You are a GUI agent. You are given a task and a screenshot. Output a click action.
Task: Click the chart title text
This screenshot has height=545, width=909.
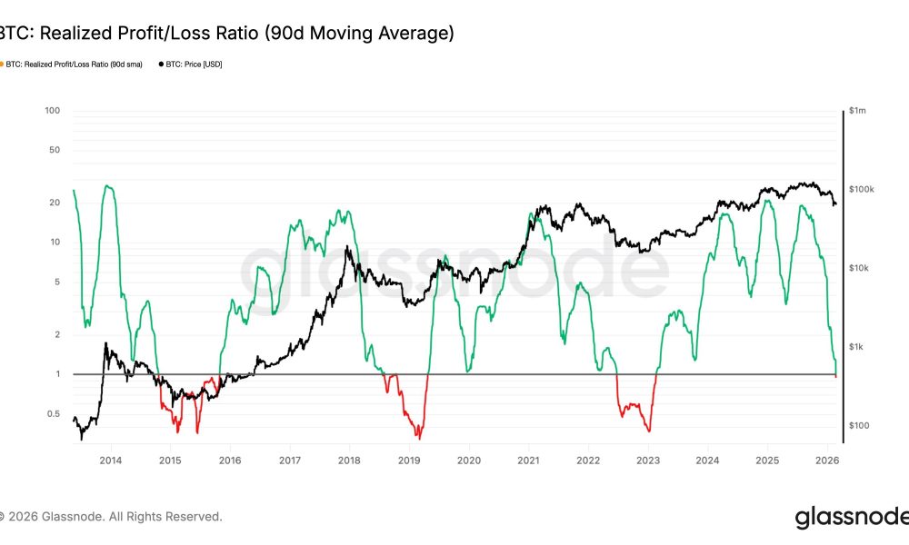click(225, 34)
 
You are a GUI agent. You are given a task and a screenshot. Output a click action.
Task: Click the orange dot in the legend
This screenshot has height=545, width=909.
click(2, 64)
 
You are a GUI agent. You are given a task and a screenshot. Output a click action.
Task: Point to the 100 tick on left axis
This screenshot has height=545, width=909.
click(53, 111)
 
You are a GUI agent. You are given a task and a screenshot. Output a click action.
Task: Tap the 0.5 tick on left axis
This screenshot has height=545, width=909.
click(53, 414)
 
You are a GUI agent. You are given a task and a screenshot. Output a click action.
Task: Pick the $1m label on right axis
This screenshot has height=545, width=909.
click(857, 111)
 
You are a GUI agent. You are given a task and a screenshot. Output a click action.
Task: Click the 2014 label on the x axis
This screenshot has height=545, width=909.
click(111, 461)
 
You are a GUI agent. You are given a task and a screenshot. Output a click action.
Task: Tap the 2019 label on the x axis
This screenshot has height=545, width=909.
click(409, 461)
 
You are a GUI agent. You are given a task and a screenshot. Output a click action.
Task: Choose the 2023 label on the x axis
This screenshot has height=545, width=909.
click(647, 461)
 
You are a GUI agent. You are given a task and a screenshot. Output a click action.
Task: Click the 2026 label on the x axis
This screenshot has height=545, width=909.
click(826, 461)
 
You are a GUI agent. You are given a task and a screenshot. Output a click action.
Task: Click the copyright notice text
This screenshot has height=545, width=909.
click(111, 516)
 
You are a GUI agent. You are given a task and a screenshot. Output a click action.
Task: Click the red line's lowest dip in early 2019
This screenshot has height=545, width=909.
click(419, 438)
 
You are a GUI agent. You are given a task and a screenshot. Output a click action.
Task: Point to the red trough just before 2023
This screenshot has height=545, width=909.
click(649, 431)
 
